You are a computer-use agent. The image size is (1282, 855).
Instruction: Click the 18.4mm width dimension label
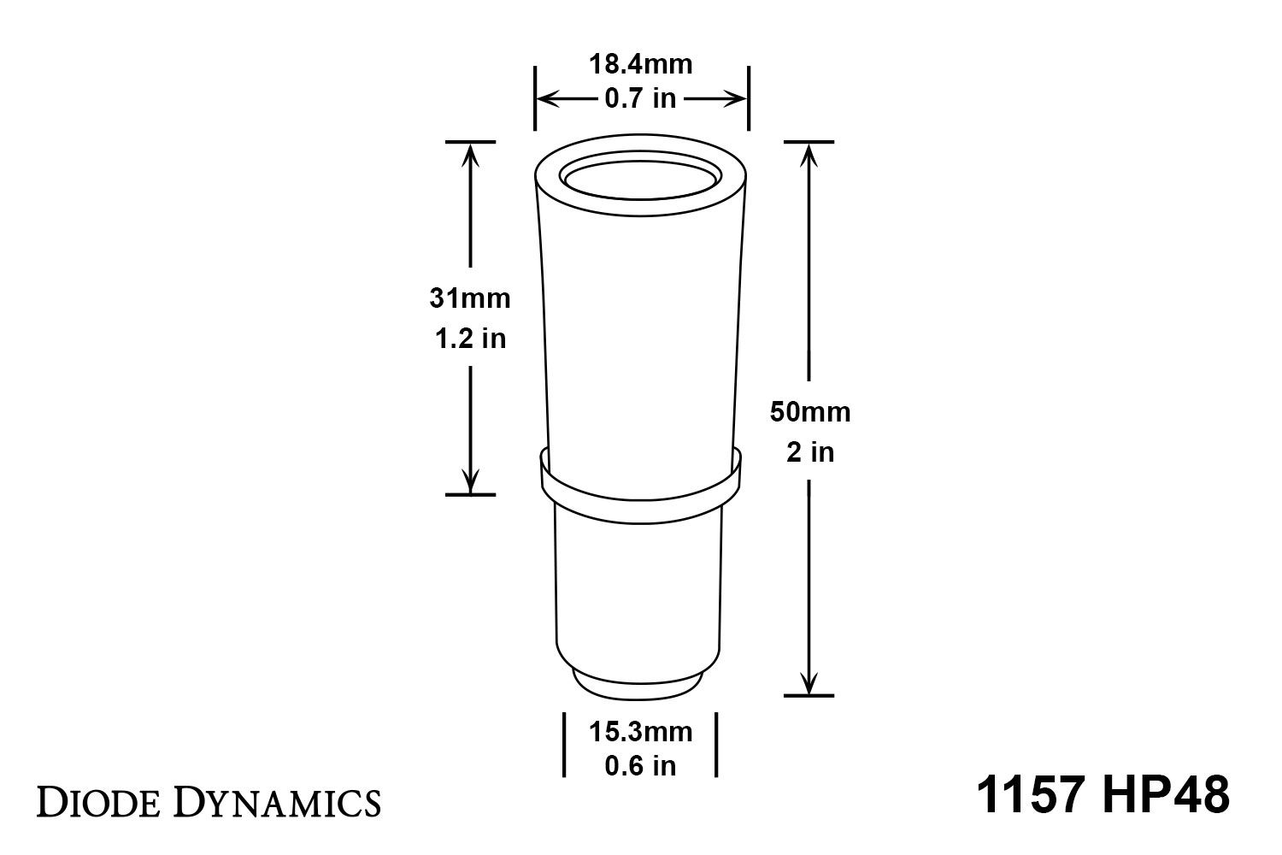(640, 64)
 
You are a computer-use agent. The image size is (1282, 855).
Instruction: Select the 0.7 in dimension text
(640, 99)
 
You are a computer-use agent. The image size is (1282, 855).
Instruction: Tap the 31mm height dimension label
(470, 298)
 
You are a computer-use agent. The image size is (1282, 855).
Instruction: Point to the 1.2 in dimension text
(470, 339)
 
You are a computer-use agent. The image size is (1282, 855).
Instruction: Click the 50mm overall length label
(810, 412)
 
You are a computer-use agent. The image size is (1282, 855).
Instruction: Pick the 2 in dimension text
(810, 451)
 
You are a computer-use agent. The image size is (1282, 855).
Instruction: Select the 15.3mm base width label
(640, 732)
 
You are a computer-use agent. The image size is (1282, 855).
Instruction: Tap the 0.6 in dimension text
(640, 766)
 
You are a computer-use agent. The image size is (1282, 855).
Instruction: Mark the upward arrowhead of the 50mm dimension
(809, 152)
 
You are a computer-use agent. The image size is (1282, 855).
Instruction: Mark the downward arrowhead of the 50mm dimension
(809, 684)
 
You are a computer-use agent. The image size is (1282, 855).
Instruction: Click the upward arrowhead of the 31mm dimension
(470, 152)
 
